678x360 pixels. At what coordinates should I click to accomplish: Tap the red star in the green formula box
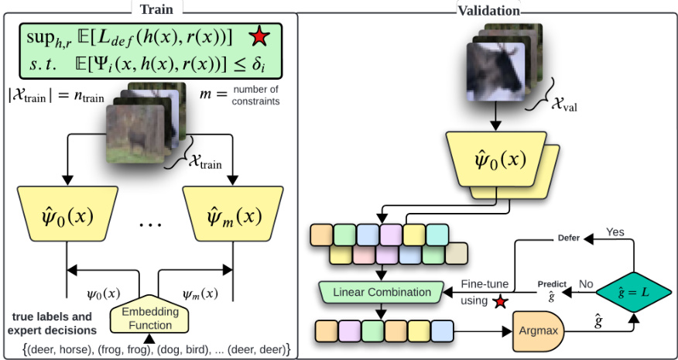259,36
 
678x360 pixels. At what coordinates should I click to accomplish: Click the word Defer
568,238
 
